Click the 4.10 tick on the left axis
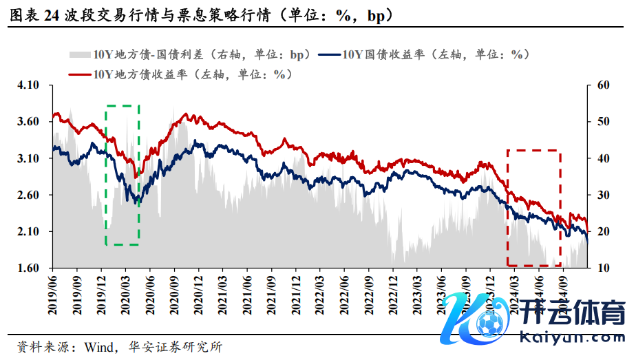tap(28, 85)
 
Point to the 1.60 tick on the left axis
tap(28, 268)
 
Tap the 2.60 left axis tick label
tap(28, 195)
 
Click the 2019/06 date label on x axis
tap(54, 295)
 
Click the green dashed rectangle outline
tap(106, 172)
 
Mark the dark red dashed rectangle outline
tap(507, 207)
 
